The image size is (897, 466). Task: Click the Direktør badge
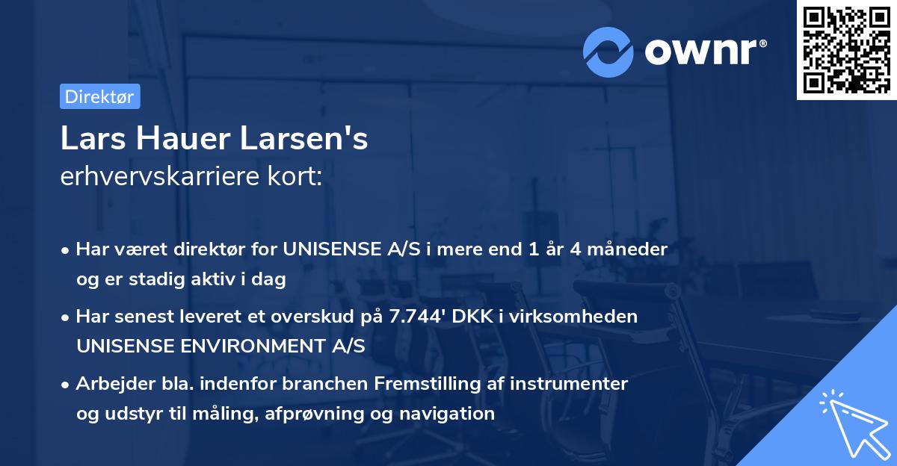pos(99,96)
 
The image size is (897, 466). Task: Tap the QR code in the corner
pos(846,50)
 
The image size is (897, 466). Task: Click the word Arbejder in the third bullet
pos(108,384)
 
